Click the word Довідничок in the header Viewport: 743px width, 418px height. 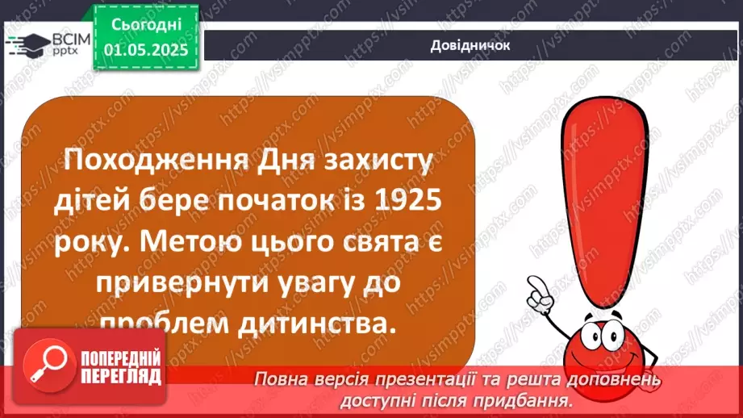470,45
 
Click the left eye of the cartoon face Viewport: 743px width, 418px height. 596,334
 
